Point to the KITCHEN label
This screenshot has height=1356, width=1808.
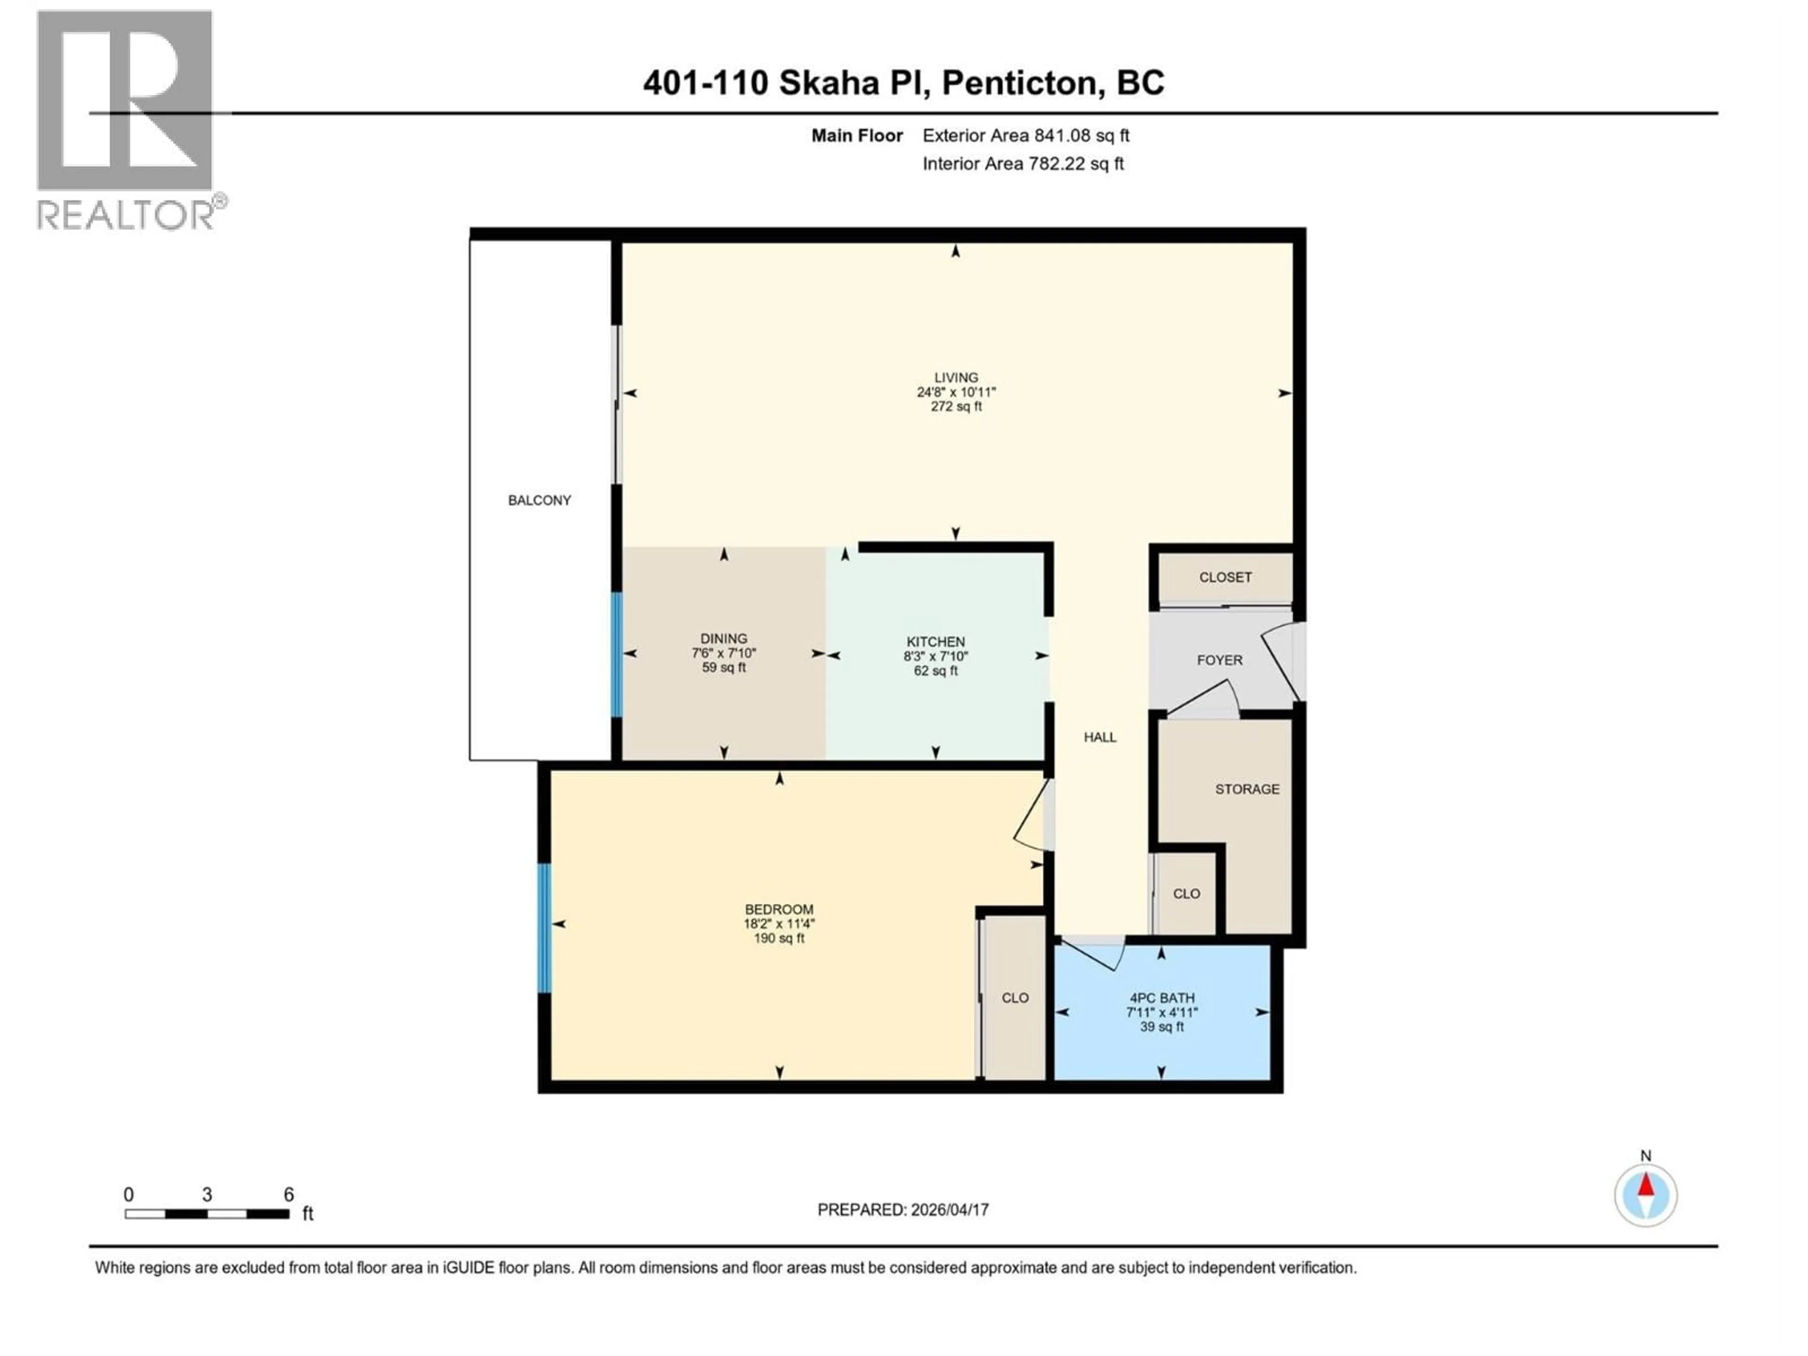coord(935,642)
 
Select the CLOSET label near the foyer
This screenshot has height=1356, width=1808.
coord(1225,577)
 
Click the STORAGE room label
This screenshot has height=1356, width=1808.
coord(1246,789)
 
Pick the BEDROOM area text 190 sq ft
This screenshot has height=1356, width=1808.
coord(778,938)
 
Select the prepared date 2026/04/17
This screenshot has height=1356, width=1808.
coord(948,1210)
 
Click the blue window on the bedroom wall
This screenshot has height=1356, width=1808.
coord(543,928)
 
